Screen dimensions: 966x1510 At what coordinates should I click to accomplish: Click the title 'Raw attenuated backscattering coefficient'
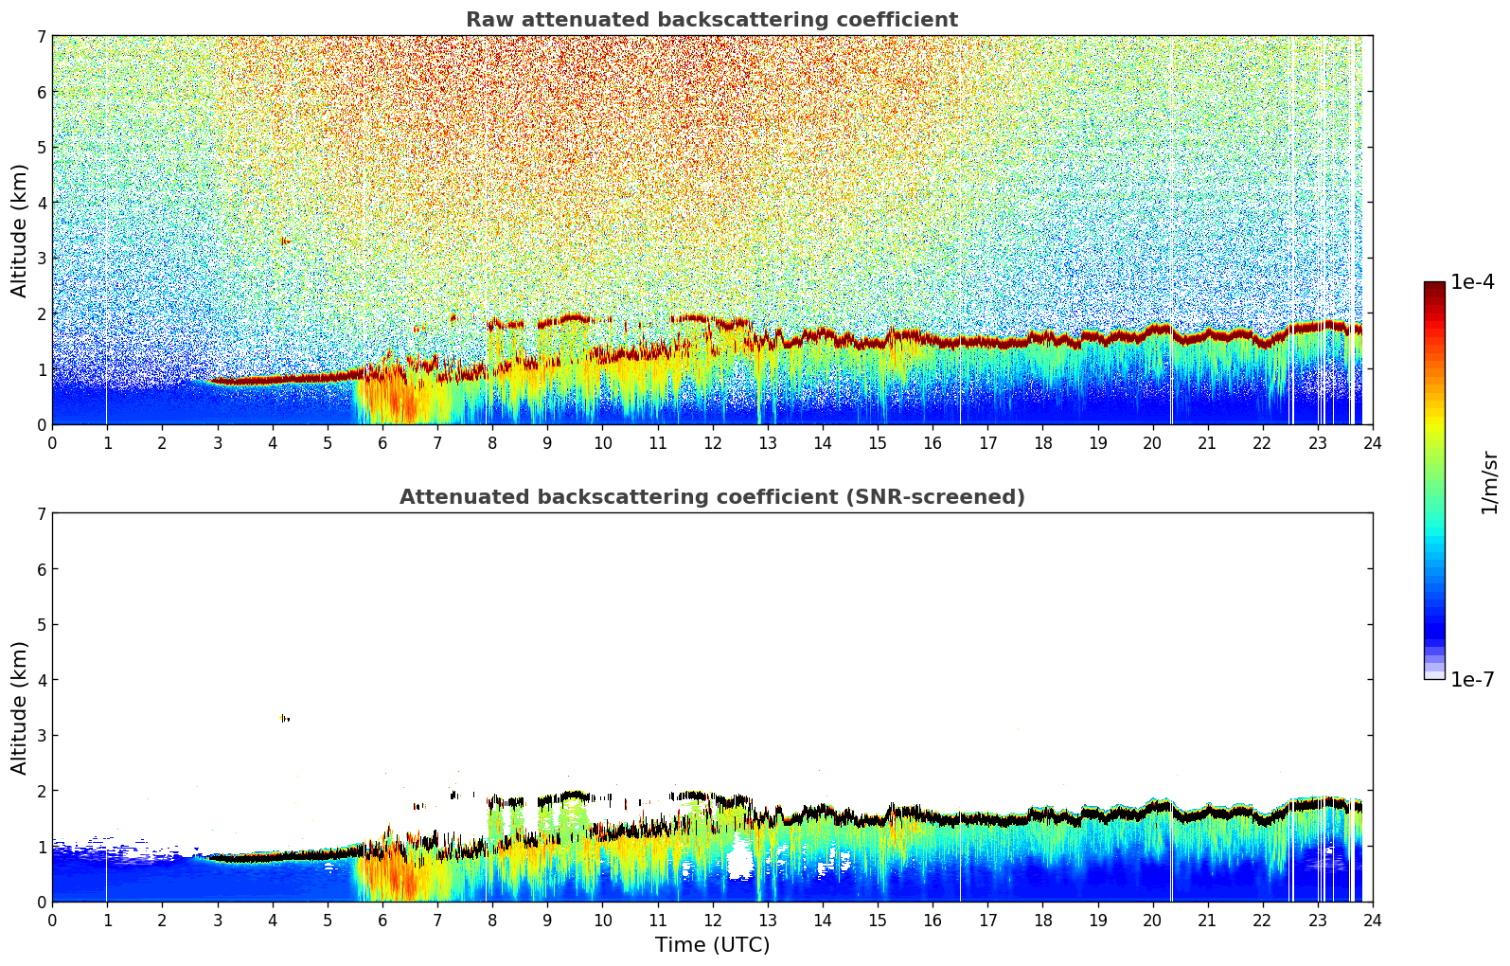tap(711, 20)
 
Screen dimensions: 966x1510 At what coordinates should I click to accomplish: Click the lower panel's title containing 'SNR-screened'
tap(711, 497)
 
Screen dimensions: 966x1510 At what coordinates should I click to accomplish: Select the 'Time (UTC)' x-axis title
tap(712, 945)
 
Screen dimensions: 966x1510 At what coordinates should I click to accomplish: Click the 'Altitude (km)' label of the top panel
tap(20, 230)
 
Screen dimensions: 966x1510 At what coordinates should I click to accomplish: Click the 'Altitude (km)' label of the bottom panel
tap(20, 707)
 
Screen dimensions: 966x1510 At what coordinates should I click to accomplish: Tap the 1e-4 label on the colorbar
tap(1472, 282)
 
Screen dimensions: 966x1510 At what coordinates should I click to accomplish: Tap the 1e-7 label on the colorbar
tap(1472, 680)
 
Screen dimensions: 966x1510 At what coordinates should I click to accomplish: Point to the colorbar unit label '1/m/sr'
tap(1489, 482)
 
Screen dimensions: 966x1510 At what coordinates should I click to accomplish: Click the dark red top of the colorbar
tap(1434, 286)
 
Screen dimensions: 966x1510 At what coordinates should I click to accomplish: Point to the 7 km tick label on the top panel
tap(42, 37)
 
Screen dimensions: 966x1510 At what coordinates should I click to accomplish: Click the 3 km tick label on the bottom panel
tap(42, 736)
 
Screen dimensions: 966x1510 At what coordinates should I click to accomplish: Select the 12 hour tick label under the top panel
tap(712, 443)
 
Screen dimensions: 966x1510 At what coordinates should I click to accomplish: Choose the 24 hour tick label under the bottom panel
tap(1372, 921)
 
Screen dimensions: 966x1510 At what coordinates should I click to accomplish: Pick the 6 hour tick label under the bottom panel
tap(382, 921)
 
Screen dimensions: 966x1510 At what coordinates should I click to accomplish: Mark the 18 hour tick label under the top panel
tap(1042, 443)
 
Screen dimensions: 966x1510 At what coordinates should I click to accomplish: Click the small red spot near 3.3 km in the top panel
tap(284, 241)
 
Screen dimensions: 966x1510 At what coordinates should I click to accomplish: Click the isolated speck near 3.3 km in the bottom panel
tap(284, 719)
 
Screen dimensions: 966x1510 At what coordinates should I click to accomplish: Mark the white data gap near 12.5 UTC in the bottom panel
tap(738, 860)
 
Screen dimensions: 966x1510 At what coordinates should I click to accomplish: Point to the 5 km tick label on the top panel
tap(42, 148)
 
